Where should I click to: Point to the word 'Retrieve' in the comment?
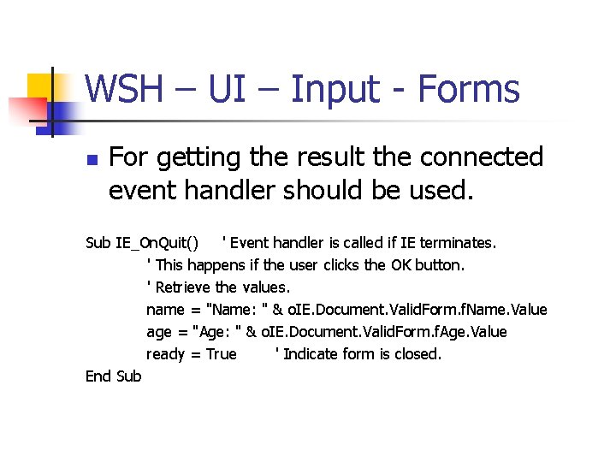click(183, 287)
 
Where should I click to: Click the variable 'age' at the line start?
click(159, 332)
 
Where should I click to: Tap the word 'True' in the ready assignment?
click(221, 354)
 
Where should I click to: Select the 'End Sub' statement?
click(114, 376)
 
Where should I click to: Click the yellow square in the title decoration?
click(40, 86)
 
